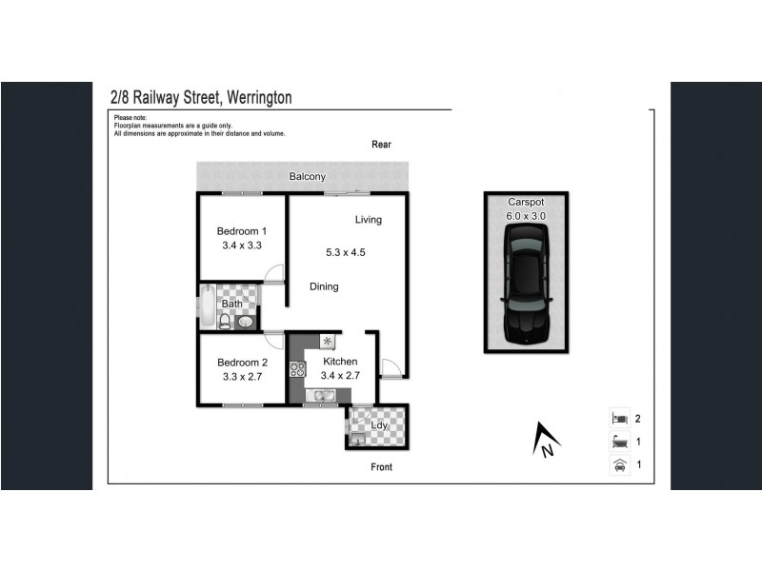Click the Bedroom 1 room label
coord(241,231)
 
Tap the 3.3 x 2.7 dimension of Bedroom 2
coord(240,376)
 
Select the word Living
coord(368,220)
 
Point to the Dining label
coord(323,286)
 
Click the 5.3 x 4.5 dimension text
coord(345,252)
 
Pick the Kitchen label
coord(340,362)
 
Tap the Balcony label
coord(308,177)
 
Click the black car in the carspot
coord(525,290)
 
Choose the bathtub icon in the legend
coord(619,442)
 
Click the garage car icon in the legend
coord(619,464)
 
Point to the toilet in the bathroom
coord(226,321)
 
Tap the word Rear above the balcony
coord(381,145)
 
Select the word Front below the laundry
coord(381,467)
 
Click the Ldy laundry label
coord(379,425)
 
